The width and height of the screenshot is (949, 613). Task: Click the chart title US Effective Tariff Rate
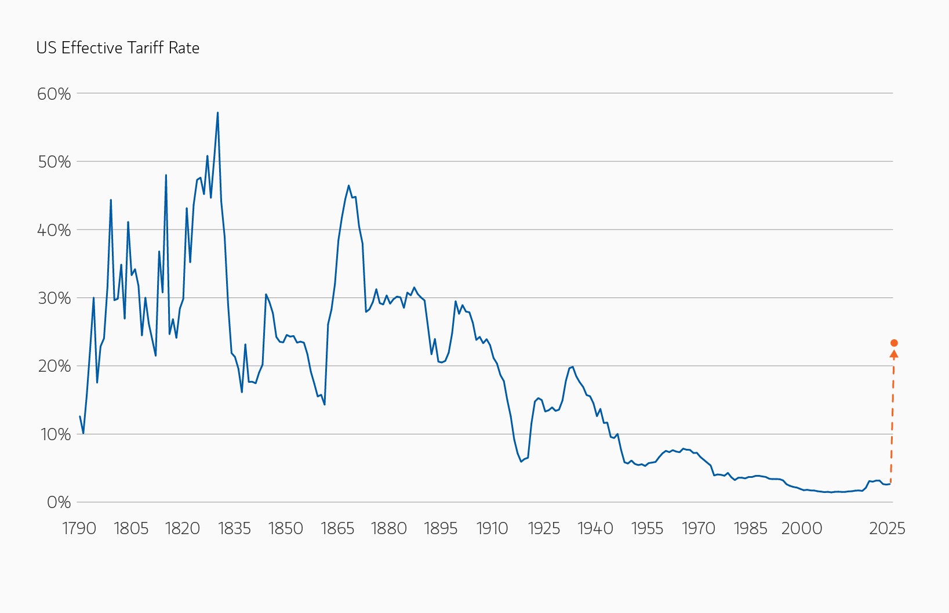click(x=118, y=48)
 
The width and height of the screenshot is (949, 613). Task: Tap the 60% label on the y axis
click(x=54, y=94)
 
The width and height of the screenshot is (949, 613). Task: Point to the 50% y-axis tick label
click(x=54, y=162)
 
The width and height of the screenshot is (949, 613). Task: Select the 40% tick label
click(x=54, y=230)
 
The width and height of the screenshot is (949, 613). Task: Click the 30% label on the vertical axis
click(x=54, y=298)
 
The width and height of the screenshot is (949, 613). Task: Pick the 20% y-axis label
click(x=54, y=366)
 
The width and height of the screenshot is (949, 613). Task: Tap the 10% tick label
click(x=55, y=434)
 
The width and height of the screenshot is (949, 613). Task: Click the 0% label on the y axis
click(x=59, y=502)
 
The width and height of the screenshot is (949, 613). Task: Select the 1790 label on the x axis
click(x=79, y=528)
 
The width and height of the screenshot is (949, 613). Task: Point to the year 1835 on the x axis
click(x=234, y=528)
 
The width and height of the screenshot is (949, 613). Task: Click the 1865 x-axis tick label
click(x=337, y=528)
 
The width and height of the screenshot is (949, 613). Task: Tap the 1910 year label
click(x=492, y=528)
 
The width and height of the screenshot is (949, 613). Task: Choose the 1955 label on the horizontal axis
click(x=647, y=528)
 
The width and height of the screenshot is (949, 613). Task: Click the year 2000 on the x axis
click(x=802, y=528)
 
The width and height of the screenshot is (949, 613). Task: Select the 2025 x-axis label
click(x=887, y=528)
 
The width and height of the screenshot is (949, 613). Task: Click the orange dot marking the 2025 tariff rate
click(x=894, y=343)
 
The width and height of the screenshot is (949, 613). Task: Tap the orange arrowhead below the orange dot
click(x=893, y=354)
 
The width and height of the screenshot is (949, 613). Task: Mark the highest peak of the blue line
click(x=217, y=113)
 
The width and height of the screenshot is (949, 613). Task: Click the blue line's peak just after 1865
click(x=348, y=186)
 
